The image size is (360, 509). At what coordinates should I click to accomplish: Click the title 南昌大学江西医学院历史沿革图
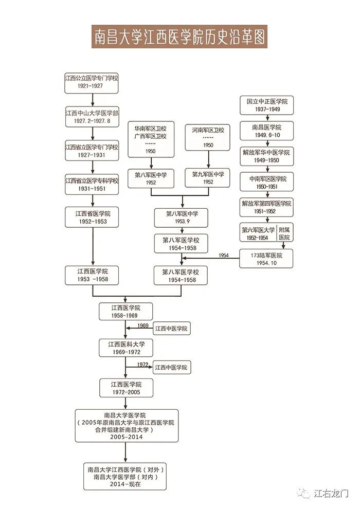pos(179,37)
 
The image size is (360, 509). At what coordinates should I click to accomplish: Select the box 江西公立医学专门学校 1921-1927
pos(91,83)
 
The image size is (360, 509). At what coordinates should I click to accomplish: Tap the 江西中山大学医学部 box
pos(92,117)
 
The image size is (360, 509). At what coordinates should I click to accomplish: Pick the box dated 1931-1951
pos(92,185)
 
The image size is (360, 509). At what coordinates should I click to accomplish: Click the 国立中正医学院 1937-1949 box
pos(266,105)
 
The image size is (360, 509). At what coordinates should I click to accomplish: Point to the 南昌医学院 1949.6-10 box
pos(266,131)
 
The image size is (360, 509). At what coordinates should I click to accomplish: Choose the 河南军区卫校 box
pos(208,138)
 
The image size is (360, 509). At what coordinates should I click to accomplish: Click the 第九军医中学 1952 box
pos(208,178)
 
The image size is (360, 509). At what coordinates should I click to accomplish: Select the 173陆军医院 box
pos(266,259)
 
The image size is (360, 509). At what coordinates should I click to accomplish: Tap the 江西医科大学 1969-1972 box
pos(126,348)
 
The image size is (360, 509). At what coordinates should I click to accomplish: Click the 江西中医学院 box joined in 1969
pos(171,329)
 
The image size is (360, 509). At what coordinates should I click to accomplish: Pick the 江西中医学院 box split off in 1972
pos(171,368)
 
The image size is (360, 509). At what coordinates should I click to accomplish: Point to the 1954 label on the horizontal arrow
pos(224,256)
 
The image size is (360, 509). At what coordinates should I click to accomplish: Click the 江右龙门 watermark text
pos(331,494)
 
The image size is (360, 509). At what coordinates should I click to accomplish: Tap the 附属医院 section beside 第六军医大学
pos(284,233)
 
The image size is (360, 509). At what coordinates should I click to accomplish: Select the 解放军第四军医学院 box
pos(266,207)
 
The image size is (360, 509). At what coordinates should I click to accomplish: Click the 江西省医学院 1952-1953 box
pos(92,217)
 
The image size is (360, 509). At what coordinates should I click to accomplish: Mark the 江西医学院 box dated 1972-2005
pos(126,388)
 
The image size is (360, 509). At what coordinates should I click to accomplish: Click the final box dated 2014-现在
pos(125,477)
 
